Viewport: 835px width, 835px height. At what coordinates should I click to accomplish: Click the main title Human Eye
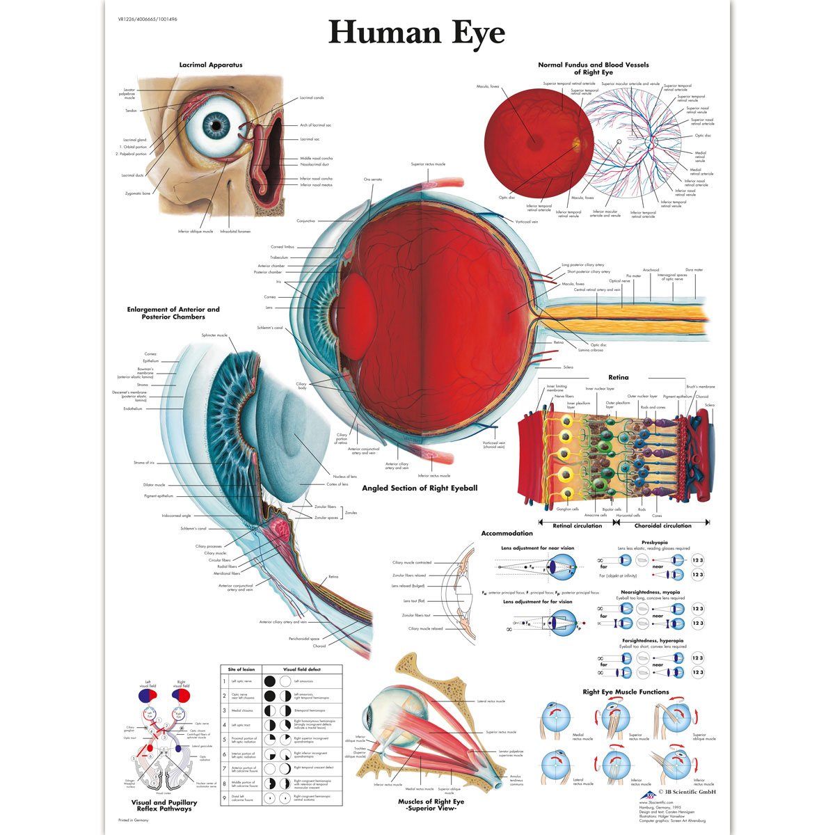pyautogui.click(x=417, y=32)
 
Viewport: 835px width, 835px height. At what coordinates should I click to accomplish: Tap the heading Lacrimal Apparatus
pyautogui.click(x=211, y=65)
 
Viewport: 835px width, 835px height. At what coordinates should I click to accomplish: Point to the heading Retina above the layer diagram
pyautogui.click(x=618, y=377)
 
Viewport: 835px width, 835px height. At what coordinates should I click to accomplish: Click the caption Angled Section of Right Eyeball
pyautogui.click(x=420, y=488)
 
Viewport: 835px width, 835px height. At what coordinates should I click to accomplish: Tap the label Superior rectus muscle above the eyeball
pyautogui.click(x=428, y=164)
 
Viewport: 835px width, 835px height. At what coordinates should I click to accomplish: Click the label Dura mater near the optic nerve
pyautogui.click(x=694, y=270)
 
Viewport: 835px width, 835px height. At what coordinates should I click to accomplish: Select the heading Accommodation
pyautogui.click(x=507, y=534)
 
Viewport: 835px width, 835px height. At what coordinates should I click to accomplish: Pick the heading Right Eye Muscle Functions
pyautogui.click(x=626, y=692)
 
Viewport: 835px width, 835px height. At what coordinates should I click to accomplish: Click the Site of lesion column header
pyautogui.click(x=241, y=669)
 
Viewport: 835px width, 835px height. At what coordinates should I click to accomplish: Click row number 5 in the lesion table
pyautogui.click(x=224, y=739)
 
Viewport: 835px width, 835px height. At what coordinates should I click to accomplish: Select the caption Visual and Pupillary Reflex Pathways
pyautogui.click(x=164, y=805)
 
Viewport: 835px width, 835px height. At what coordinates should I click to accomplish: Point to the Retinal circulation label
pyautogui.click(x=577, y=525)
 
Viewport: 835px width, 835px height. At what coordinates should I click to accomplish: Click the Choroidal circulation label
pyautogui.click(x=662, y=525)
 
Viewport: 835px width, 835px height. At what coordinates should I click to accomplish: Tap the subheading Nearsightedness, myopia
pyautogui.click(x=652, y=592)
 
